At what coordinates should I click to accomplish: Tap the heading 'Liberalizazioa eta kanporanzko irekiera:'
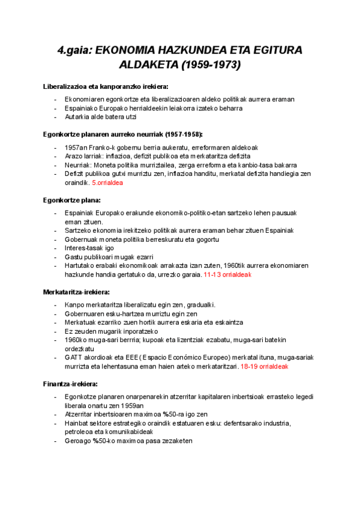click(106, 87)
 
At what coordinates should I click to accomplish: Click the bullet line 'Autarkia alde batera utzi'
click(101, 117)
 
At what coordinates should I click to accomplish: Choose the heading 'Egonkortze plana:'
click(72, 199)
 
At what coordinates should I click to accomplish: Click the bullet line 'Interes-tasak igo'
click(89, 248)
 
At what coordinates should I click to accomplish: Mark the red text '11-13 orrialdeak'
click(227, 275)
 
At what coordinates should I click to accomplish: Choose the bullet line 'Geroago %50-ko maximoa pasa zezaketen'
click(128, 441)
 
